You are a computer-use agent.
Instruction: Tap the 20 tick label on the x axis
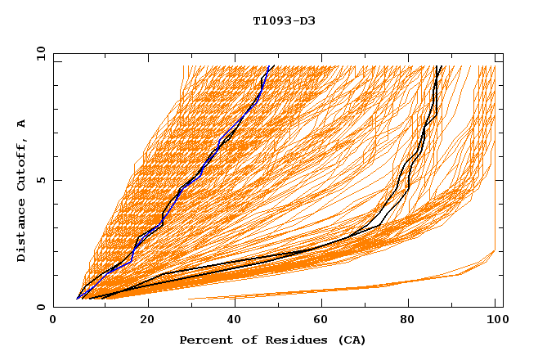tap(142, 322)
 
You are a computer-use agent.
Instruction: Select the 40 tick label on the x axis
tap(231, 322)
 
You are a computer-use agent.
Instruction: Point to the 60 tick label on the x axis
tap(319, 322)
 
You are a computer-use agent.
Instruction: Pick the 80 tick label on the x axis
tap(407, 322)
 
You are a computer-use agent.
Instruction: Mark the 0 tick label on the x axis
tap(54, 322)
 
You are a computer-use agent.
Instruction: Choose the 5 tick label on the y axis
tap(40, 180)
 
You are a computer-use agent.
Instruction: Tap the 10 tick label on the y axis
tap(38, 53)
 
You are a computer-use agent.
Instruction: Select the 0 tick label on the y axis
tap(40, 307)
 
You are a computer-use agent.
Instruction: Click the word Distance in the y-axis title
tap(21, 232)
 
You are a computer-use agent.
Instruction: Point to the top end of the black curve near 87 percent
tap(440, 67)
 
